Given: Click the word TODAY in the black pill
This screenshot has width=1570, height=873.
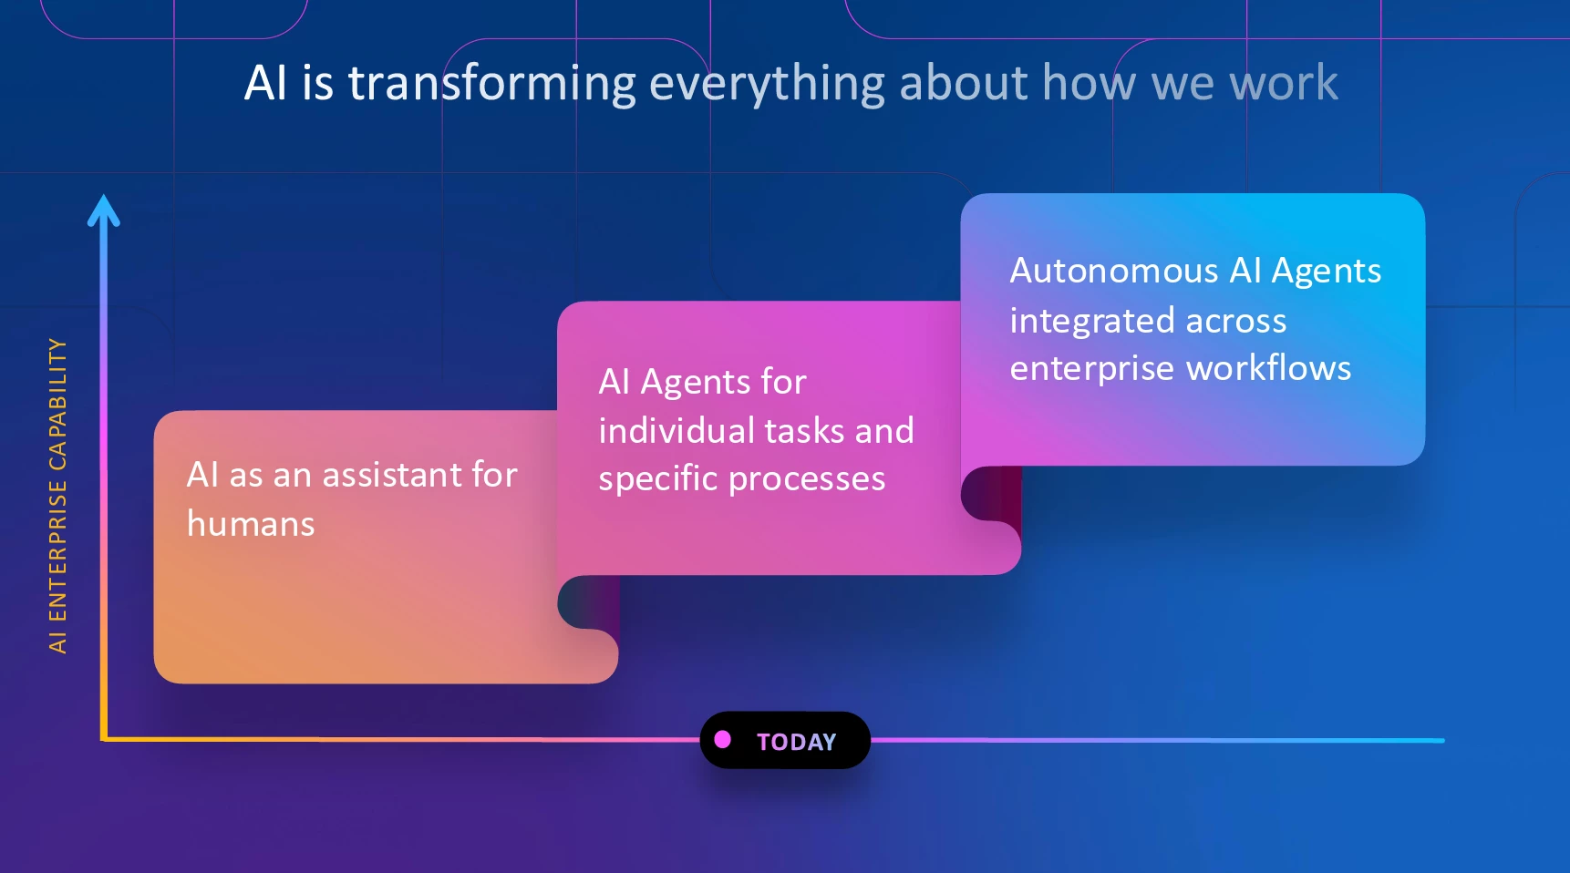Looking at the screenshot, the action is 796,742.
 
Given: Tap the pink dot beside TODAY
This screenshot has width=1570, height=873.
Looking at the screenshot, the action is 723,739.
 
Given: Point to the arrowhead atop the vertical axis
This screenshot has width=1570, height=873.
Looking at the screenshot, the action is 104,211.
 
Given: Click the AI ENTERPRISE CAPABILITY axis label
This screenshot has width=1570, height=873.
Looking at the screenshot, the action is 57,496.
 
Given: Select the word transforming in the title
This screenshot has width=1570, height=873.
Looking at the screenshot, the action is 492,84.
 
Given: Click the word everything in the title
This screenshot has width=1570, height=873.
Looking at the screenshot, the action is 767,84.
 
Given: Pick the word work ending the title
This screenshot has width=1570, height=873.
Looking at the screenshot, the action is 1284,83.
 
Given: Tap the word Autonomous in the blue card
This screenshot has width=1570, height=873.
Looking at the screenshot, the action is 1114,271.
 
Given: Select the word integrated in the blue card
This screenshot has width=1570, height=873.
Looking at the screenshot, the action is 1091,322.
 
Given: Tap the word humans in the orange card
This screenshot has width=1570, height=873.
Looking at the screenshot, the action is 251,524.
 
